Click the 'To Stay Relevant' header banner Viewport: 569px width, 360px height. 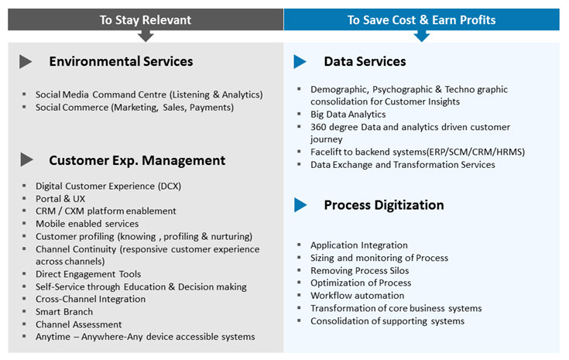146,19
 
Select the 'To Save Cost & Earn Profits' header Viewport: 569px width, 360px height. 421,19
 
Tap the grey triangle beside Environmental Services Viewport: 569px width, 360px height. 26,62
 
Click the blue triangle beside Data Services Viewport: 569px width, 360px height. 300,62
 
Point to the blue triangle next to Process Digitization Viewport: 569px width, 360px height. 300,205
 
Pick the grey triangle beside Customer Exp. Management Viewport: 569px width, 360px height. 26,159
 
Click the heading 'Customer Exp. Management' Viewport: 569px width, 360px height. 137,160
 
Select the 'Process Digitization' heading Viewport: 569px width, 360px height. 384,205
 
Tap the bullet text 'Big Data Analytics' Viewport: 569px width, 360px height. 348,115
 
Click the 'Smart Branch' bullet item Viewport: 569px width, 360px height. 64,312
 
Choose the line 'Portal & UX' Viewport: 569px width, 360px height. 60,199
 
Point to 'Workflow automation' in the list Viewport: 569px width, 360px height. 358,296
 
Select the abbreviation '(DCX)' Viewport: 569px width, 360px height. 169,186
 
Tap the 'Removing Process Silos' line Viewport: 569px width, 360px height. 360,271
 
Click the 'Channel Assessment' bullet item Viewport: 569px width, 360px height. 79,324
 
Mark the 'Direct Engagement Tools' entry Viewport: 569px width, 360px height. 88,274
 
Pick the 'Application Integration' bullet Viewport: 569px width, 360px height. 359,245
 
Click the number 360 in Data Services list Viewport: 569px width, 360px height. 318,127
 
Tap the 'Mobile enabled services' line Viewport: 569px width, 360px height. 87,224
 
